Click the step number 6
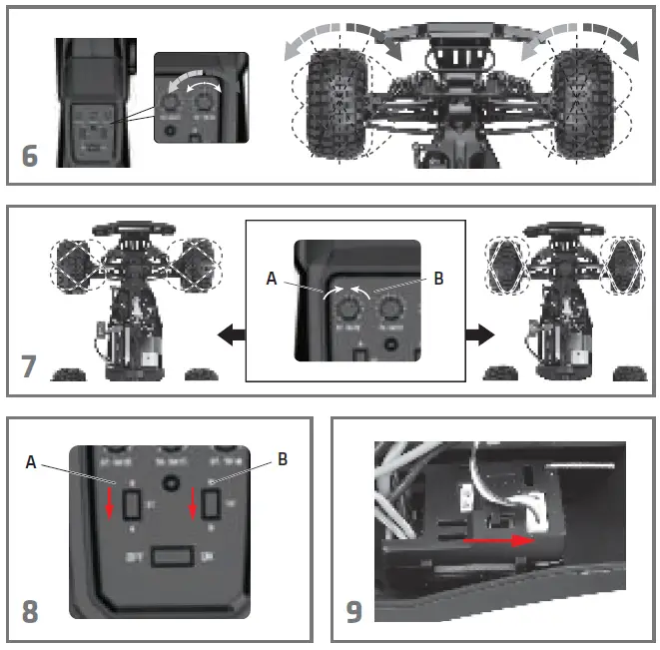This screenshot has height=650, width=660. pyautogui.click(x=30, y=157)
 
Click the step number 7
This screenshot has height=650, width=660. pyautogui.click(x=30, y=364)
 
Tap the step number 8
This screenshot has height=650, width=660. pyautogui.click(x=30, y=610)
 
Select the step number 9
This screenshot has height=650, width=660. pyautogui.click(x=354, y=610)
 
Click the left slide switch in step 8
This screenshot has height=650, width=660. pyautogui.click(x=130, y=505)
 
